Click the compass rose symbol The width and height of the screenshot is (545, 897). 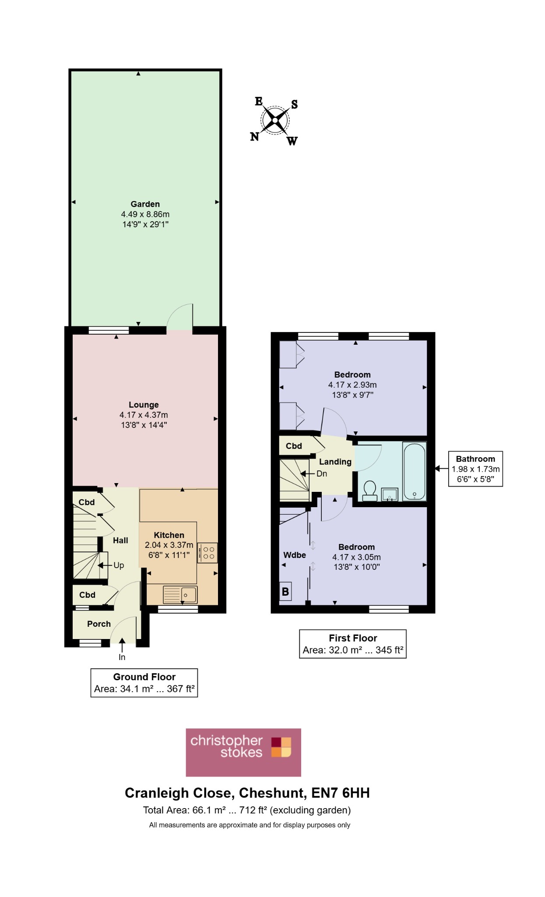274,120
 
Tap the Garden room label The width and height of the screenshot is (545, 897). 145,204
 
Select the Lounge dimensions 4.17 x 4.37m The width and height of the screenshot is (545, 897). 144,415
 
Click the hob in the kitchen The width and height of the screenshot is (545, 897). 207,553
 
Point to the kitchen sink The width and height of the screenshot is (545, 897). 180,595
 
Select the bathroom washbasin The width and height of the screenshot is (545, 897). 390,494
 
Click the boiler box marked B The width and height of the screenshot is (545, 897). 285,592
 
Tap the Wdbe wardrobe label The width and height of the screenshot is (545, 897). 295,555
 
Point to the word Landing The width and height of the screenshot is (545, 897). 335,462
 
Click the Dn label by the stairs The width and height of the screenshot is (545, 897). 322,473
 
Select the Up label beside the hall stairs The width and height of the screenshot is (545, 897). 119,565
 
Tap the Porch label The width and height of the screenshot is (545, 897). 99,624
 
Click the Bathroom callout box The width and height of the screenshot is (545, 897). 475,469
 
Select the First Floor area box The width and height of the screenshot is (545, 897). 353,644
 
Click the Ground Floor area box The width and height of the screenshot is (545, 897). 144,682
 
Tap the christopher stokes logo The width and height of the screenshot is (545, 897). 243,752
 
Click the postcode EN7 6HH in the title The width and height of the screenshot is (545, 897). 341,793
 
